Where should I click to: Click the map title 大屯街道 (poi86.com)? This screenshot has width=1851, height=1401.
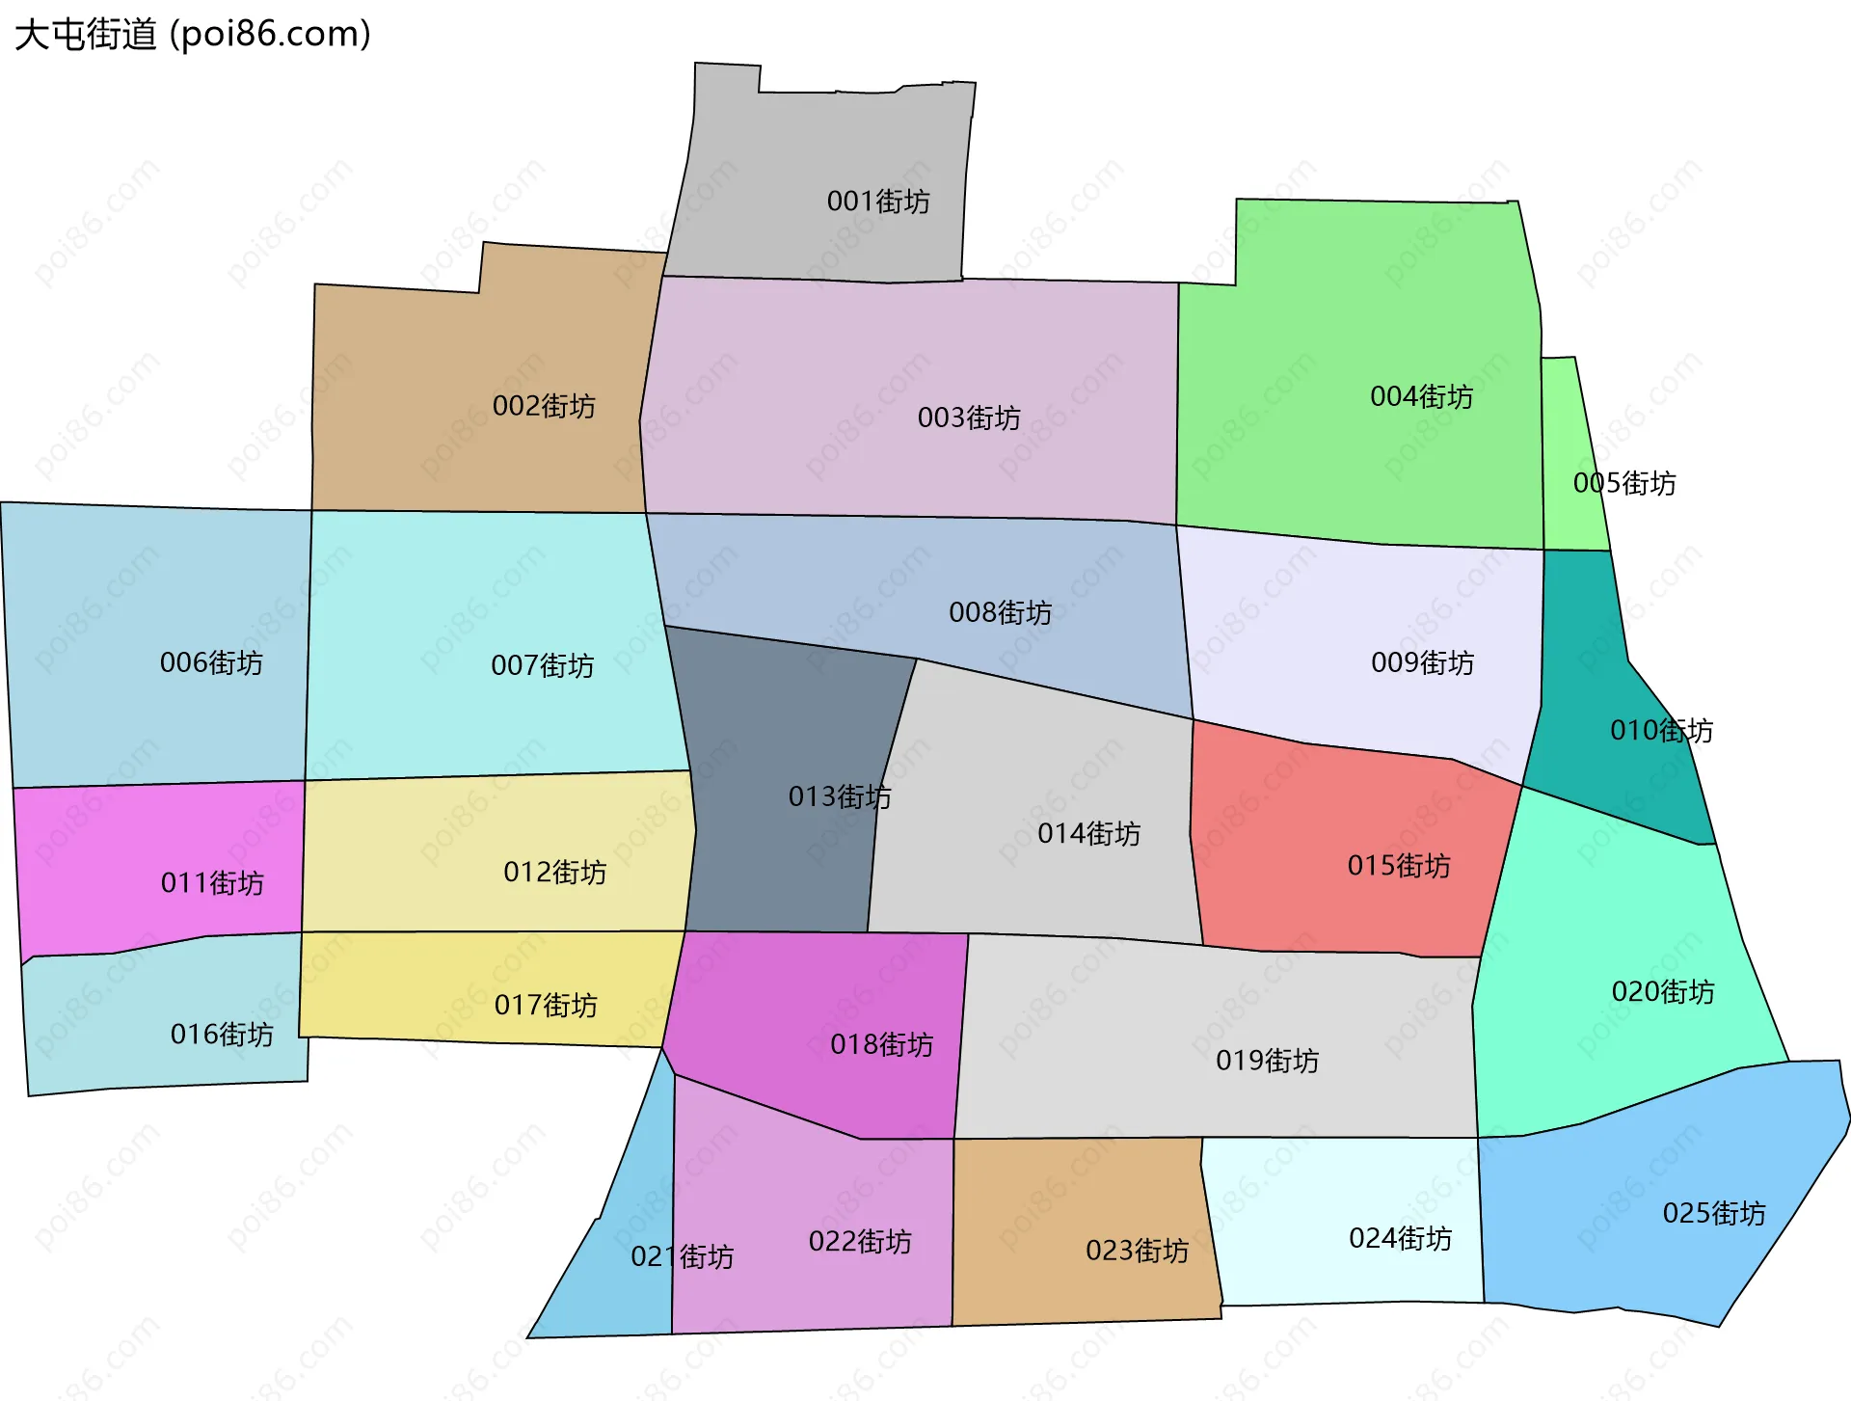[x=193, y=35]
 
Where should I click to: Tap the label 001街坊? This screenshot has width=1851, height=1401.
[x=878, y=202]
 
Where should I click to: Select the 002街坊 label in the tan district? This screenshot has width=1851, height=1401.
[x=544, y=406]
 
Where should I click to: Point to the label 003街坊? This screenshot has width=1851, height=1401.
[x=969, y=418]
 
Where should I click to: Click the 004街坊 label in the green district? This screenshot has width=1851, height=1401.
[x=1421, y=396]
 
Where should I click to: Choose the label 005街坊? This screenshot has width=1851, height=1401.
[x=1623, y=483]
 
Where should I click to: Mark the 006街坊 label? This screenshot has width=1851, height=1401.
[x=211, y=662]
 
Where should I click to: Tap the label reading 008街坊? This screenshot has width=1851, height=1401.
[x=1000, y=612]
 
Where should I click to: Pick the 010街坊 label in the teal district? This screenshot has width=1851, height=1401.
[x=1661, y=730]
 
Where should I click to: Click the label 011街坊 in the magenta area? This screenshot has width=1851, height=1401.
[x=212, y=882]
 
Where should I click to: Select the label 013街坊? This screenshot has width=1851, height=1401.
[x=840, y=796]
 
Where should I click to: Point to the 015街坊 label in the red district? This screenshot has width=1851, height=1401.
[x=1398, y=865]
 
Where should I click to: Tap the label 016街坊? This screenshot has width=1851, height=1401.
[x=222, y=1034]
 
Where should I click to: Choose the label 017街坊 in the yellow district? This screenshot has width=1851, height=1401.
[x=546, y=1005]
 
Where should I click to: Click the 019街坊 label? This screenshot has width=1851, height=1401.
[x=1267, y=1061]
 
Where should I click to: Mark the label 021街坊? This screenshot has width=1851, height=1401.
[x=682, y=1256]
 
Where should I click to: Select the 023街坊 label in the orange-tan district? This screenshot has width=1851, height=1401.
[x=1137, y=1251]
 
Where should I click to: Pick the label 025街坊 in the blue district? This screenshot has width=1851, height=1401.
[x=1713, y=1213]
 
